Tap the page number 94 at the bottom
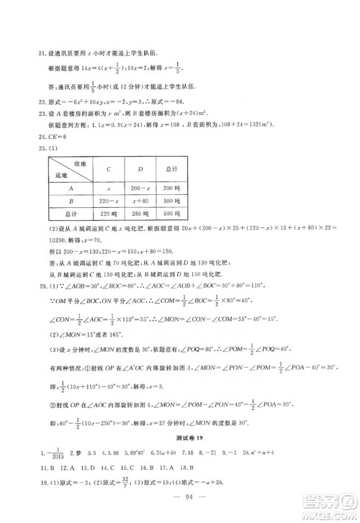[x=181, y=504]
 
